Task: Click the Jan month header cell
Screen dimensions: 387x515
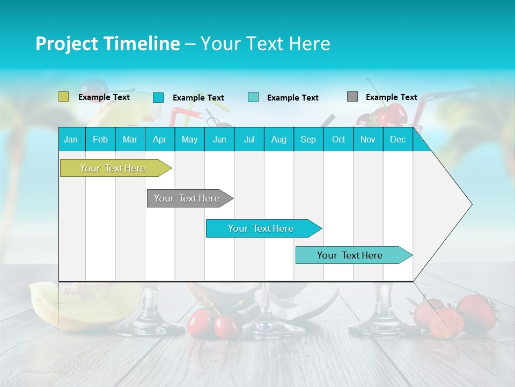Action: tap(71, 139)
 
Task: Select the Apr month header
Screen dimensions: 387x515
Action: tap(160, 139)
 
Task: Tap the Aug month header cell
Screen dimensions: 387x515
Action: tap(279, 139)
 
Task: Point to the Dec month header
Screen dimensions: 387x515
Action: tap(398, 139)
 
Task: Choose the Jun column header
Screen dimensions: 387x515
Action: tap(219, 139)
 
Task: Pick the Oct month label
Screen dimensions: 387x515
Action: tap(339, 139)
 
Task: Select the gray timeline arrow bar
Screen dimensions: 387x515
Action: tap(188, 198)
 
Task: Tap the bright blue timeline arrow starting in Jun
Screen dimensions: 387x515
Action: tap(262, 228)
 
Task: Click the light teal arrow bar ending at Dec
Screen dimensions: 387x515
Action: tap(351, 255)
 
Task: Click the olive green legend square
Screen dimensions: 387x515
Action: tap(63, 97)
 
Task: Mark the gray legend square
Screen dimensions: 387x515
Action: tap(352, 97)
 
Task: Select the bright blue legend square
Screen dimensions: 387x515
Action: tap(158, 97)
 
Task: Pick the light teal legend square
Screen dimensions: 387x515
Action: tap(253, 97)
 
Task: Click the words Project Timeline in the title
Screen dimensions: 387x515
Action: tap(107, 44)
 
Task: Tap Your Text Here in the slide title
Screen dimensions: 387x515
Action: tap(266, 44)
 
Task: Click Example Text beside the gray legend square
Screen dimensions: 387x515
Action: tap(391, 97)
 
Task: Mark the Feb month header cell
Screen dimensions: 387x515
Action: tap(100, 139)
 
